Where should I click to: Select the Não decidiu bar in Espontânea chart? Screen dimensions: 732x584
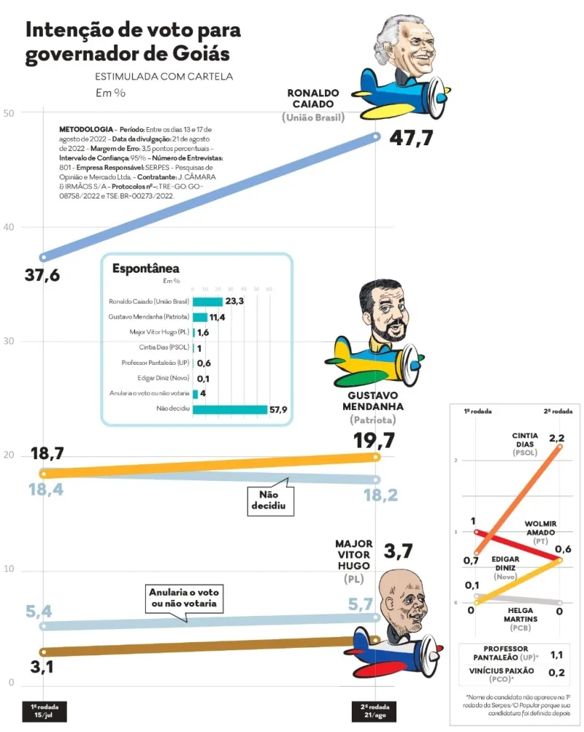pos(229,409)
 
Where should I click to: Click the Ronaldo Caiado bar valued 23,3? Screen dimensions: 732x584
pos(207,301)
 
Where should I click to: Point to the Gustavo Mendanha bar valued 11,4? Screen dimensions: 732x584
pos(200,317)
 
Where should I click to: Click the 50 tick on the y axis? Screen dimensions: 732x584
pos(9,113)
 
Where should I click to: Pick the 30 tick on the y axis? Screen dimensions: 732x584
pos(9,342)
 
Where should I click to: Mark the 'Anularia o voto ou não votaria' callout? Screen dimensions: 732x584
pos(184,598)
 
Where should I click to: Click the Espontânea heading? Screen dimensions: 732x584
pos(145,269)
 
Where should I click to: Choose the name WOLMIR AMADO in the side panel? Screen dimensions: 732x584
pos(539,528)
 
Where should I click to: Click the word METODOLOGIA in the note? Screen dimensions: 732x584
pos(85,128)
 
